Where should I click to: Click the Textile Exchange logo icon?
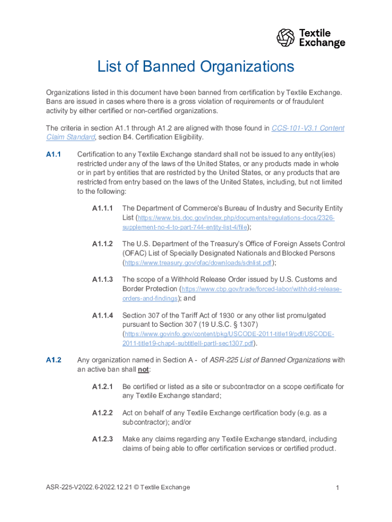pos(286,38)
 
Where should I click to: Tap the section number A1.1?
pos(53,154)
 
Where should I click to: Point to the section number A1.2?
pos(53,360)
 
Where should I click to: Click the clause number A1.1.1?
pos(102,208)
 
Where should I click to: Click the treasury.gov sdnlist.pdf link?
pos(198,263)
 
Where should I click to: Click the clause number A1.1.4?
pos(102,316)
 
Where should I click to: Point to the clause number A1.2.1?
pos(102,386)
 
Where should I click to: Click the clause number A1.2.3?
pos(102,439)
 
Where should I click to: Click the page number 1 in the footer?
pos(337,488)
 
